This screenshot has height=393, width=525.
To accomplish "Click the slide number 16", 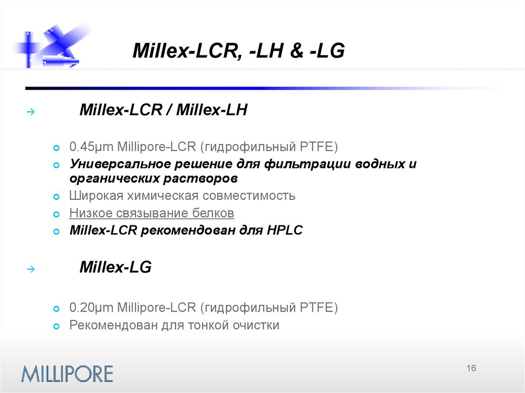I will tap(472, 368).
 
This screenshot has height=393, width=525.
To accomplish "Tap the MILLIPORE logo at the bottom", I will tap(67, 373).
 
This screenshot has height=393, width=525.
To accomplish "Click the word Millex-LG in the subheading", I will tap(115, 267).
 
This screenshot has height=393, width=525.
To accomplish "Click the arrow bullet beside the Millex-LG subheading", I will tap(30, 268).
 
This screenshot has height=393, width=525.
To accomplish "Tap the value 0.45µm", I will tap(91, 147).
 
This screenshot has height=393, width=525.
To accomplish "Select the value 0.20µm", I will tap(91, 307).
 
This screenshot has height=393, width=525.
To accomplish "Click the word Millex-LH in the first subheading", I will tap(212, 110).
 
